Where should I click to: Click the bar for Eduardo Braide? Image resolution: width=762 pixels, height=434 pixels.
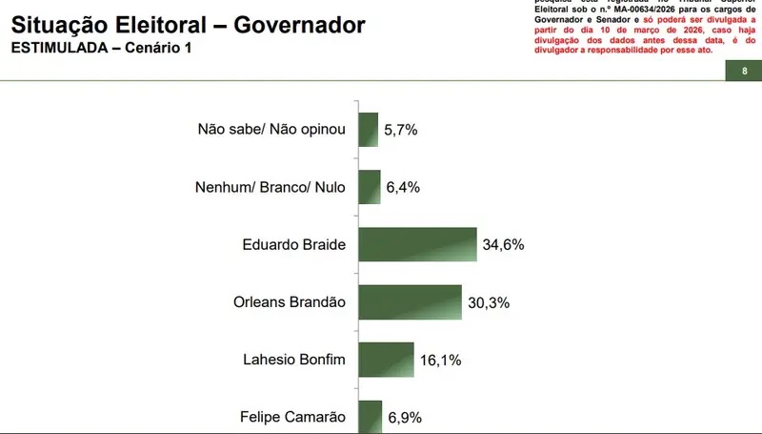click(x=416, y=244)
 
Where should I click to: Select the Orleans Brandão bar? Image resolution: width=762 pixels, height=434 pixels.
click(x=410, y=302)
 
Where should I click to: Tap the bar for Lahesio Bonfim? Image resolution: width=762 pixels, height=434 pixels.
click(x=386, y=360)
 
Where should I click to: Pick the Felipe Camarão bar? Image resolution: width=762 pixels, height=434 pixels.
click(x=370, y=417)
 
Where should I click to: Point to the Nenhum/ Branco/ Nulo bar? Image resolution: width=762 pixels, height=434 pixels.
click(x=369, y=187)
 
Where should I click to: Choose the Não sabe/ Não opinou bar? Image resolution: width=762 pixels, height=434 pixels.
click(x=368, y=130)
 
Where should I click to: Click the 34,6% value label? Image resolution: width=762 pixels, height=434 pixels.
click(x=504, y=245)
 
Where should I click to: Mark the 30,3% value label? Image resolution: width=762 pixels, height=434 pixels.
click(x=490, y=302)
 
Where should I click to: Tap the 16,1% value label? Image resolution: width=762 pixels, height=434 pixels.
click(x=440, y=360)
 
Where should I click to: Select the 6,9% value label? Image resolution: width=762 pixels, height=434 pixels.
click(x=405, y=417)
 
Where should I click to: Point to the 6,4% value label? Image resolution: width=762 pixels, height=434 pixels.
click(x=404, y=188)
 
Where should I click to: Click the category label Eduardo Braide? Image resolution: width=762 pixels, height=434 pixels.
click(x=294, y=245)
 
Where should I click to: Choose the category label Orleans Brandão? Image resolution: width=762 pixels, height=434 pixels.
click(x=290, y=302)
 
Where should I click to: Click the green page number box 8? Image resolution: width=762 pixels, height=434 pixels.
click(x=743, y=72)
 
